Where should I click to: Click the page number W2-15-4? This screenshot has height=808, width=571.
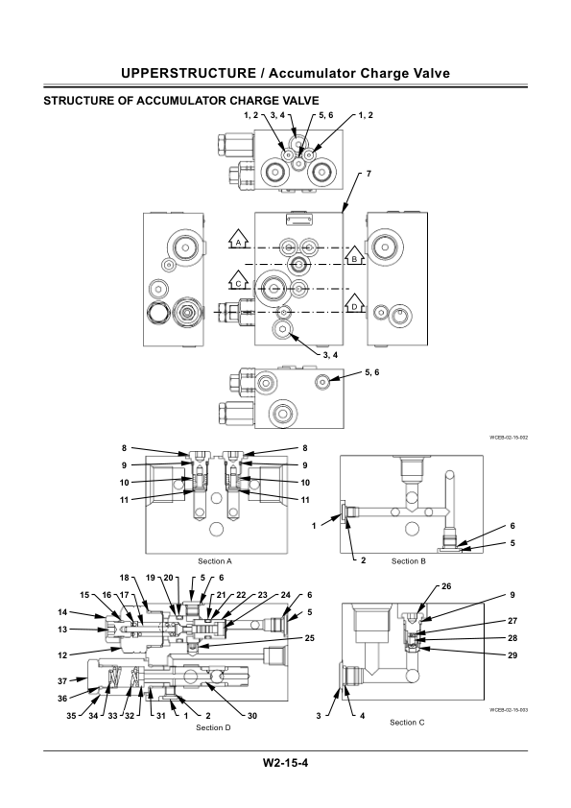pyautogui.click(x=285, y=764)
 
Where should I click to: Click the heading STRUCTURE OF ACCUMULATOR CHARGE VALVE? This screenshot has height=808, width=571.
pyautogui.click(x=181, y=100)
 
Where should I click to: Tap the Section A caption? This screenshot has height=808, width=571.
pyautogui.click(x=215, y=560)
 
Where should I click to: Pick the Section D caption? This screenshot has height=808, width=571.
pyautogui.click(x=214, y=728)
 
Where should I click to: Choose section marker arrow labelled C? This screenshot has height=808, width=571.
pyautogui.click(x=236, y=282)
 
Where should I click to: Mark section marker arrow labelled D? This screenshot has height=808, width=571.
pyautogui.click(x=353, y=304)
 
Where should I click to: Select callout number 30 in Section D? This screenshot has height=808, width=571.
pyautogui.click(x=252, y=716)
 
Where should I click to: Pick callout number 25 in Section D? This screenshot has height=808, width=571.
pyautogui.click(x=309, y=639)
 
